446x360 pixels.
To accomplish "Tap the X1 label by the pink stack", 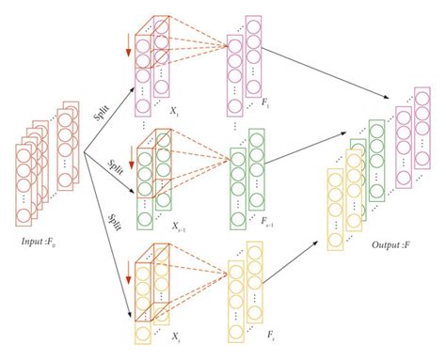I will pos(175,111).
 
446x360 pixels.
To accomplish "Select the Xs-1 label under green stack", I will pos(177,227).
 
